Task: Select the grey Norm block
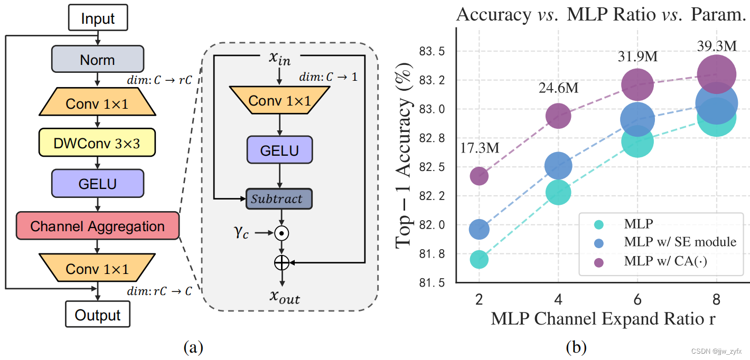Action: [98, 59]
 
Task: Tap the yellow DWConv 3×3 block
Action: [98, 143]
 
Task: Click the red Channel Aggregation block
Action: [98, 226]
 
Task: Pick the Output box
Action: [98, 315]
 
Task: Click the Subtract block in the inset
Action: [279, 198]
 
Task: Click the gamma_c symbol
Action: [241, 232]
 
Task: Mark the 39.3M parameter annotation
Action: [717, 46]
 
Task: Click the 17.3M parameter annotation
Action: [479, 148]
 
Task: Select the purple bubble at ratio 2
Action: [479, 176]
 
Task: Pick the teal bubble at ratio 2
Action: [479, 259]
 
